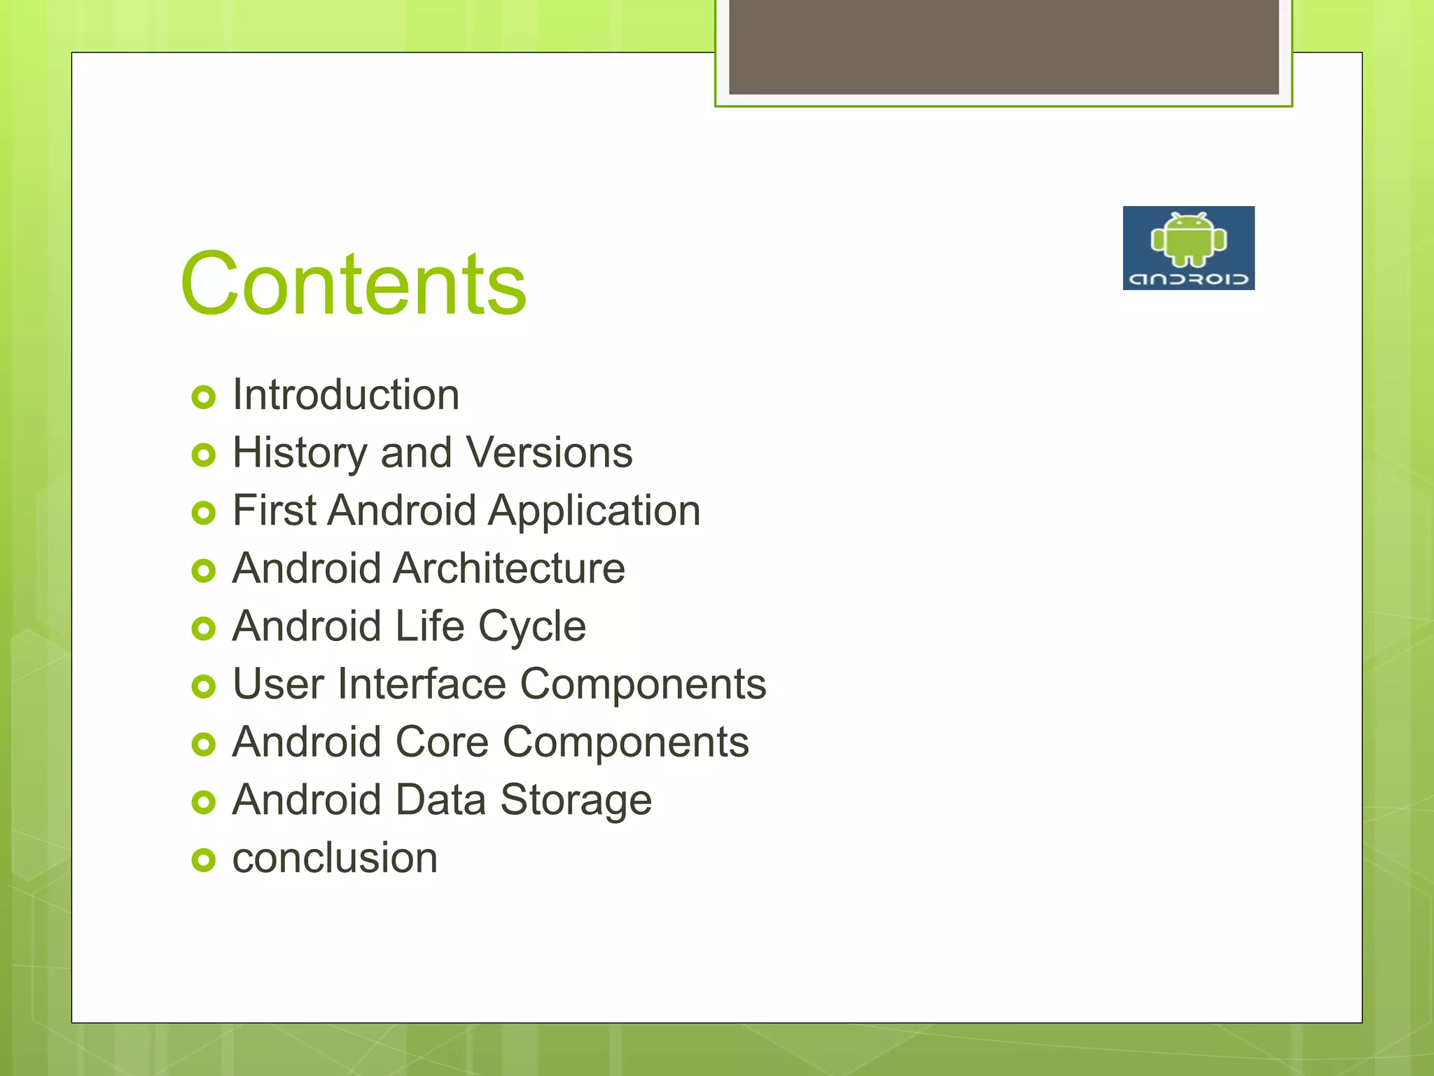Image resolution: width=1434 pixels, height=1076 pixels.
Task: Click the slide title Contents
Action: click(353, 284)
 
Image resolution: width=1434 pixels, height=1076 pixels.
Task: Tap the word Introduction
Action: click(346, 395)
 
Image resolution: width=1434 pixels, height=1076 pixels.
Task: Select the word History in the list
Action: click(300, 453)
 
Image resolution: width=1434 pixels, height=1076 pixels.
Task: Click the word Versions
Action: click(549, 453)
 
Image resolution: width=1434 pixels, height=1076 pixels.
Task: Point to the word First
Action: click(274, 511)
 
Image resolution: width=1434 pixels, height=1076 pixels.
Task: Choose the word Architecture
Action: click(509, 568)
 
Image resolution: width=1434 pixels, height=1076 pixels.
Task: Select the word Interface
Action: click(422, 684)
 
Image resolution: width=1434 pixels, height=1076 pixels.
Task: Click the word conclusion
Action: click(335, 859)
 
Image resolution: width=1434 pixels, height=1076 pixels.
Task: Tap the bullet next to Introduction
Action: click(203, 398)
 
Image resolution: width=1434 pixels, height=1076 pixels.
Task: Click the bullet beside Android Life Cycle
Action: click(203, 629)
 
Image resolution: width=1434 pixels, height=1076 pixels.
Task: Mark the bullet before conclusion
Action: click(203, 860)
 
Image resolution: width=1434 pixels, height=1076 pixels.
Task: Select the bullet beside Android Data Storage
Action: click(203, 802)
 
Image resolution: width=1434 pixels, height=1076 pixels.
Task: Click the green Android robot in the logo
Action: click(1188, 240)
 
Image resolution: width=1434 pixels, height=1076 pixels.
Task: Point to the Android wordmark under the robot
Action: click(1188, 280)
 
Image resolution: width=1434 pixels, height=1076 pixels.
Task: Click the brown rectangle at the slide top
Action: click(1003, 46)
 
